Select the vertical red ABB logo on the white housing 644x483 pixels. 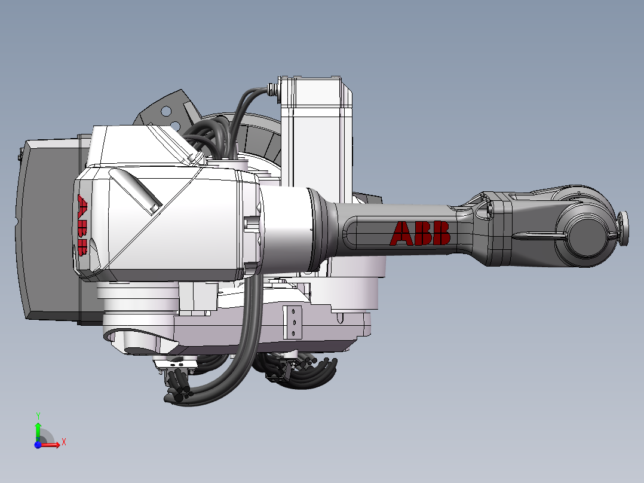(82, 225)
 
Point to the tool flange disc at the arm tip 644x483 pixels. (623, 229)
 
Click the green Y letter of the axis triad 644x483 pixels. (38, 415)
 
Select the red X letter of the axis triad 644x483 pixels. (63, 442)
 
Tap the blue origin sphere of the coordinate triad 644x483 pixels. (38, 444)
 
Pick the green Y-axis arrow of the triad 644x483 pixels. (38, 429)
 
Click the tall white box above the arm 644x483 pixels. (317, 137)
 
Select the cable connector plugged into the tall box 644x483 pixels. (274, 90)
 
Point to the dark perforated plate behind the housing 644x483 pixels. (167, 111)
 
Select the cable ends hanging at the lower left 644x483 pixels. (179, 392)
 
